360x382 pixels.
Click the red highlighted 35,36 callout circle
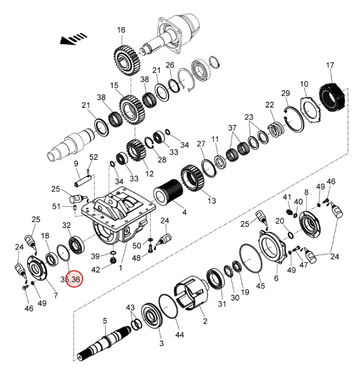click(x=71, y=279)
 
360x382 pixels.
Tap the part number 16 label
click(x=121, y=30)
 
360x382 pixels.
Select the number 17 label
click(x=330, y=65)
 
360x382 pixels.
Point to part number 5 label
click(x=105, y=321)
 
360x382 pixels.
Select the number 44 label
click(x=180, y=335)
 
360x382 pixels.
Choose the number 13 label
click(x=211, y=201)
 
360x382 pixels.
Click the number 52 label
click(x=94, y=157)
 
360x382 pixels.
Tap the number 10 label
click(x=304, y=84)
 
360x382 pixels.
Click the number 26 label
click(x=170, y=65)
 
